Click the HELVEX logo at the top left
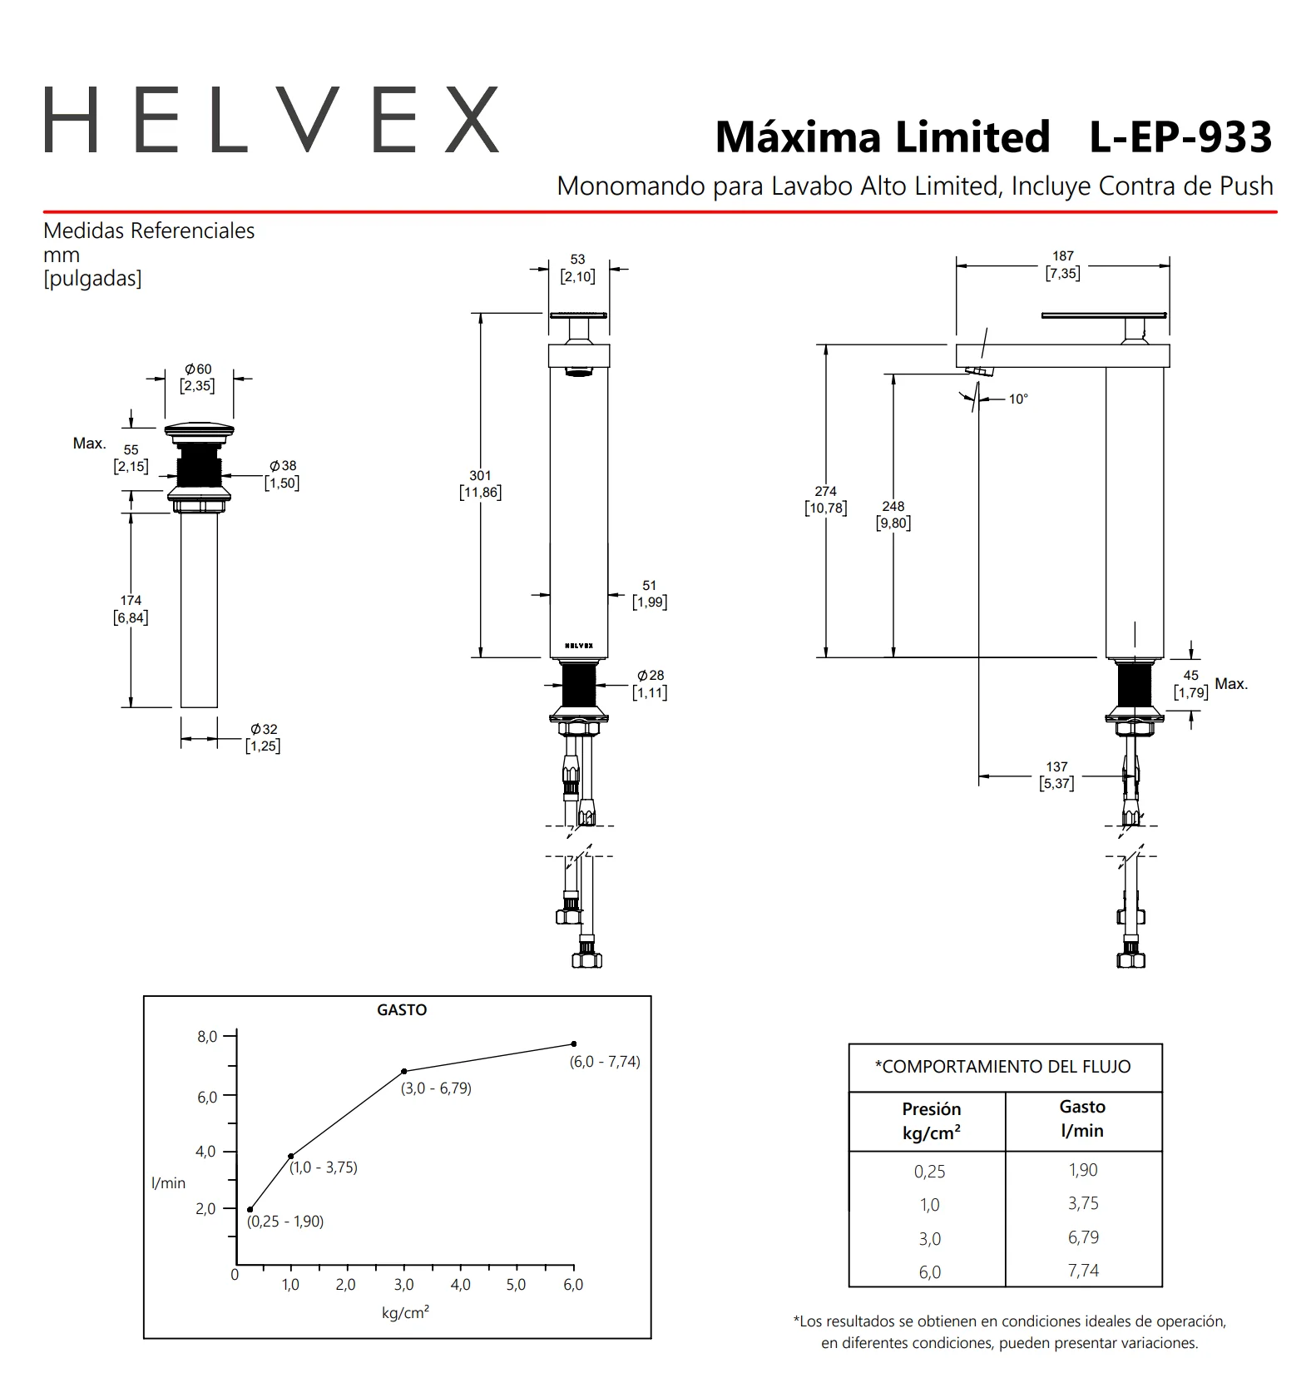271,120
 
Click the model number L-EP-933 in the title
1180,137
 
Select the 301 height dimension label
480,483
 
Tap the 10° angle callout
1018,399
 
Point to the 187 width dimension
1063,265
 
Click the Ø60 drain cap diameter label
198,377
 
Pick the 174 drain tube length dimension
131,609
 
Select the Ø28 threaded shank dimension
650,684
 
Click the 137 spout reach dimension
1056,775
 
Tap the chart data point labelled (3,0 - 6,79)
404,1071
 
